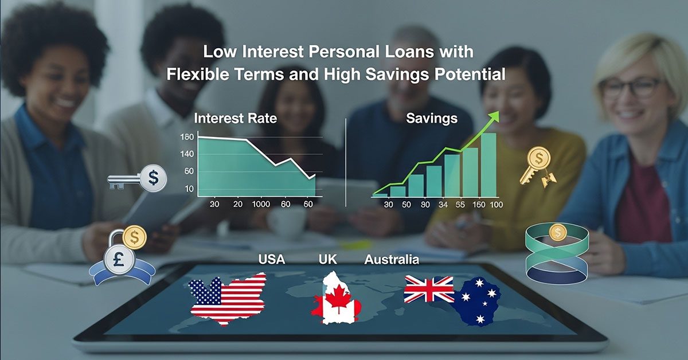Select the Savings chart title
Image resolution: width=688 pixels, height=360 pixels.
click(431, 119)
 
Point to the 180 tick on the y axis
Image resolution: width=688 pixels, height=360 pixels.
click(187, 137)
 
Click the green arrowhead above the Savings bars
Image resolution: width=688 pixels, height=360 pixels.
click(494, 115)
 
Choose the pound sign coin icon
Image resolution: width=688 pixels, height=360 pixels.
click(119, 258)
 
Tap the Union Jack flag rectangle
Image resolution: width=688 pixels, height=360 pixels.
click(429, 289)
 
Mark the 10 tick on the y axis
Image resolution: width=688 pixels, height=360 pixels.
click(188, 189)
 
